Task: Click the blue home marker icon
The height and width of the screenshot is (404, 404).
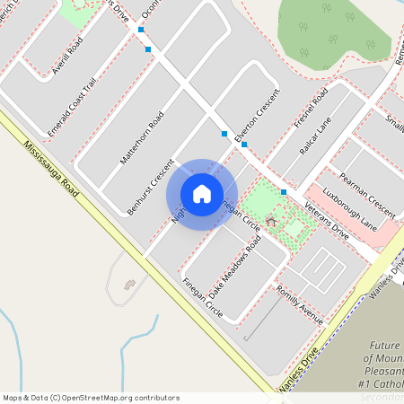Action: coord(202,194)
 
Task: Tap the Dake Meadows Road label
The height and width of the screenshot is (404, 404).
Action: coord(234,268)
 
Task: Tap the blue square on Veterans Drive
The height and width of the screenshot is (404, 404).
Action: coord(284,192)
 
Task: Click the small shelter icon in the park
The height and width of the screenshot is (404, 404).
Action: coord(270,221)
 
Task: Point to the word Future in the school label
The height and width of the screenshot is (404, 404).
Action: coord(385,346)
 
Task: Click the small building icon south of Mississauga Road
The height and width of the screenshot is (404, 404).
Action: coord(128,285)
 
